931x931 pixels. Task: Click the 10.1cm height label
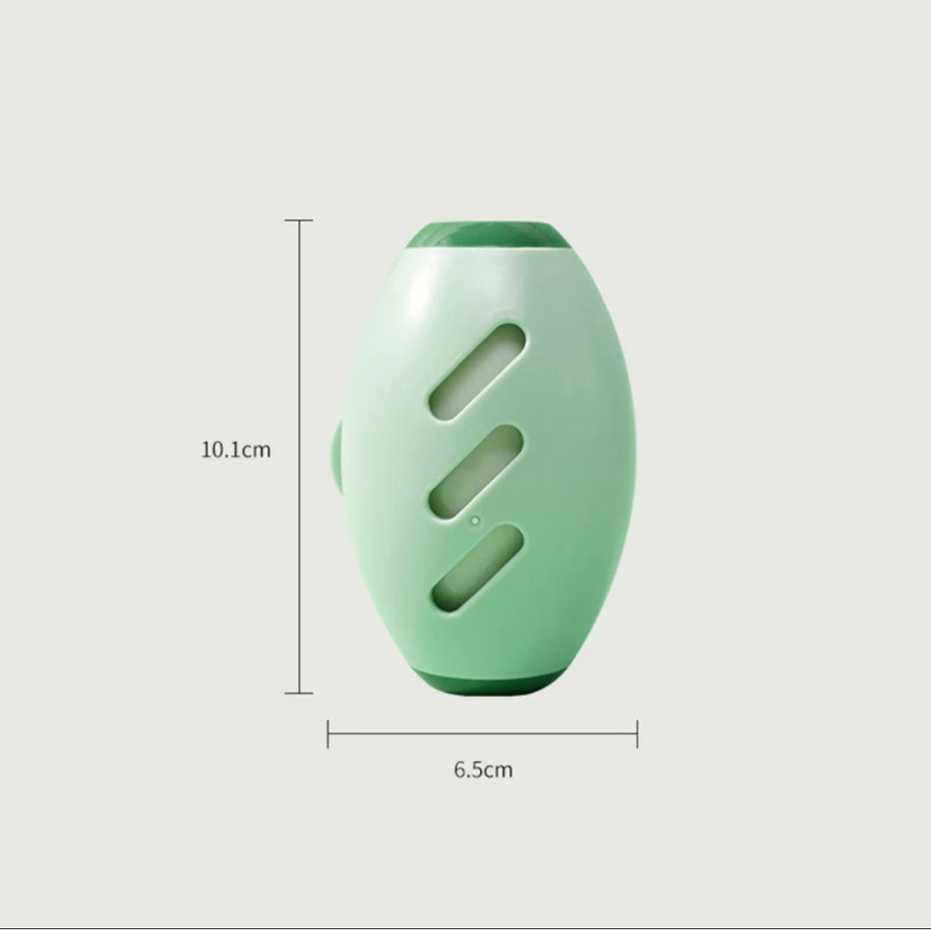click(235, 449)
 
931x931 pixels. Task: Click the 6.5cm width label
click(483, 769)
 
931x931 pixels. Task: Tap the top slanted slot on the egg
click(477, 372)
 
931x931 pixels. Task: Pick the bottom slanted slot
click(477, 568)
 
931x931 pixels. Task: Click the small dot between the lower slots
click(475, 521)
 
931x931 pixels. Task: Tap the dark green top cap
click(487, 234)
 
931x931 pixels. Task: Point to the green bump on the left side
click(335, 455)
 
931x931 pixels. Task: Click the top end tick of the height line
click(298, 220)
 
